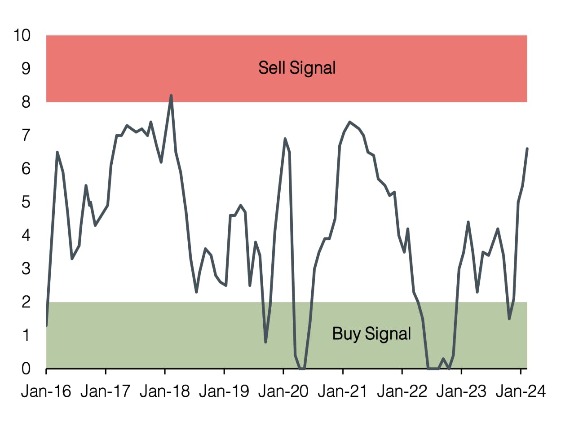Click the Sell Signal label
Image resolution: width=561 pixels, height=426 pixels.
click(x=297, y=68)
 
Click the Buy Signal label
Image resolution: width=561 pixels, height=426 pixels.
click(x=371, y=334)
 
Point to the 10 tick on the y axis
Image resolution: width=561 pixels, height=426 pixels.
click(x=22, y=35)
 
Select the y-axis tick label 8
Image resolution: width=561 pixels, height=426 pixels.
click(x=26, y=102)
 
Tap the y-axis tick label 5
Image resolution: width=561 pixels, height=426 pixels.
click(x=26, y=202)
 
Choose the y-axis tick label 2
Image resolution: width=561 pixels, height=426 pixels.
click(x=26, y=302)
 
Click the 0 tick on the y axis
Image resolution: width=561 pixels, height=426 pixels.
click(x=26, y=369)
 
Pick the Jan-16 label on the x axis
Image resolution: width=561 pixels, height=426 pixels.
click(x=46, y=391)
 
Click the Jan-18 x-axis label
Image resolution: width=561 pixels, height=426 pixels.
click(x=164, y=391)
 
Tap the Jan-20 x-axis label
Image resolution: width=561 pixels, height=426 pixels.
click(x=283, y=391)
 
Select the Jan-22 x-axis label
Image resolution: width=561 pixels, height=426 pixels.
click(x=402, y=391)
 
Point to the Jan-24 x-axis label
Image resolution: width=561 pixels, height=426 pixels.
click(x=520, y=391)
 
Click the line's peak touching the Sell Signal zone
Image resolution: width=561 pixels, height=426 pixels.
click(x=171, y=95)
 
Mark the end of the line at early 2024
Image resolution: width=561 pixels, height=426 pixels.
click(x=527, y=149)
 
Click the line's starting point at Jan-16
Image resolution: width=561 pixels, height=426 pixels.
click(x=47, y=325)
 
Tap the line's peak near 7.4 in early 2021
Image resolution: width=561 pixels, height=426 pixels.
click(x=349, y=122)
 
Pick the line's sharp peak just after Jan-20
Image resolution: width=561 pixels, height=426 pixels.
click(x=285, y=139)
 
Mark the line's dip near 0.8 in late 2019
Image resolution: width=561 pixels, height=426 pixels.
click(x=266, y=342)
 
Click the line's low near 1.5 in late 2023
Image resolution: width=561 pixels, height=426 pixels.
click(x=509, y=319)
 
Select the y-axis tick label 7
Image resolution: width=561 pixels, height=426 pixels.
click(x=26, y=135)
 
